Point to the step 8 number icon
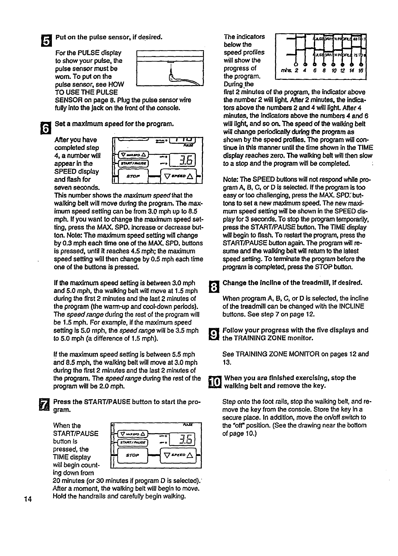tap(212, 286)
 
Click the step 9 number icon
tap(212, 334)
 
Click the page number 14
tap(27, 500)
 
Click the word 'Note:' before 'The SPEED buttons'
tap(230, 180)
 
